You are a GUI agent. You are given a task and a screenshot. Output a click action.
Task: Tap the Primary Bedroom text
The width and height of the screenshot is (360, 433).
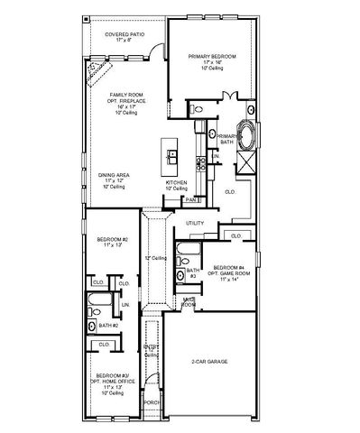pos(212,56)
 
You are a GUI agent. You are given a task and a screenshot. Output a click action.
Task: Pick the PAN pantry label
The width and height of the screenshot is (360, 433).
pos(190,199)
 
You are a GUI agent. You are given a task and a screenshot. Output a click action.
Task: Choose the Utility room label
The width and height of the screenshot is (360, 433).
pos(195,223)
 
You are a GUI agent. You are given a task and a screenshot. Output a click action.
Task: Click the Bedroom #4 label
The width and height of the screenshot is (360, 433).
pos(228,268)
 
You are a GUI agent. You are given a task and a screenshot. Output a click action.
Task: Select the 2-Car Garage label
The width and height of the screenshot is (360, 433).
pos(210,363)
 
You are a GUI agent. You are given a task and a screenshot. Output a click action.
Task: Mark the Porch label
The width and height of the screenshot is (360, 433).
pos(152,403)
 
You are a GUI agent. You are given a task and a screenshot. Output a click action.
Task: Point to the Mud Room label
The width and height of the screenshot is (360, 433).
pos(189,302)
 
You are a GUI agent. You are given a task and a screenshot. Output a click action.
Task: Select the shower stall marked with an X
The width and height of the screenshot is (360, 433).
pos(245,162)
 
